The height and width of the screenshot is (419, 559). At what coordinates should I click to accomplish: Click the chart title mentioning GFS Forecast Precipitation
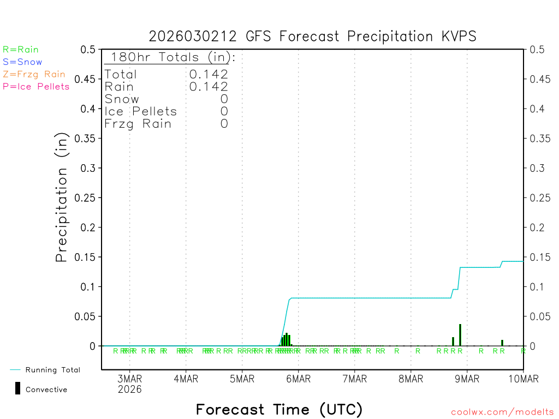[313, 37]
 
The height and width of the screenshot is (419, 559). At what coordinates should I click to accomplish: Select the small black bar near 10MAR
[502, 343]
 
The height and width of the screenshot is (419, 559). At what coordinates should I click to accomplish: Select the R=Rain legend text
[21, 50]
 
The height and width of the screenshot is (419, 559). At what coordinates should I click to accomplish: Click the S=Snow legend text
[22, 62]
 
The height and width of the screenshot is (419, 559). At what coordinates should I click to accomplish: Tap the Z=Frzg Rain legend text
[34, 74]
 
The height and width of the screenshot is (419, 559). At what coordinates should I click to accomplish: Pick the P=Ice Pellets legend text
[36, 86]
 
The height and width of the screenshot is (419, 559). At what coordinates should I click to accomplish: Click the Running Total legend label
[52, 370]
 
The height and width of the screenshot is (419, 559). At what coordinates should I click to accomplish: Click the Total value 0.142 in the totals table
[209, 74]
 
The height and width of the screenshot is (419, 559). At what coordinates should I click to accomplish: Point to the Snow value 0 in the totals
[224, 99]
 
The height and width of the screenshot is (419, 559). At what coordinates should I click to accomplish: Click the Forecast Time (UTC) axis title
[279, 409]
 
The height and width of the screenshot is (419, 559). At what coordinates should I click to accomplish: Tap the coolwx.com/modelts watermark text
[502, 412]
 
